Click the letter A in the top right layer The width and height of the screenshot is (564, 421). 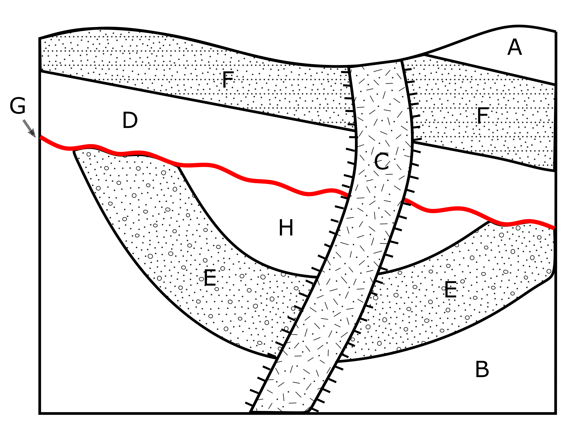(515, 47)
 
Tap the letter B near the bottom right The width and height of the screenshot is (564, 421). (482, 370)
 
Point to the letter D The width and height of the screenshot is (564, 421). (130, 120)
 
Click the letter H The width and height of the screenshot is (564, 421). (286, 228)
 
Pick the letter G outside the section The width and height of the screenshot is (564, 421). (18, 106)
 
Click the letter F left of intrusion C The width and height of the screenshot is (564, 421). (228, 80)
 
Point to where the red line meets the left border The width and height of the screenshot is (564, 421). (40, 137)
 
